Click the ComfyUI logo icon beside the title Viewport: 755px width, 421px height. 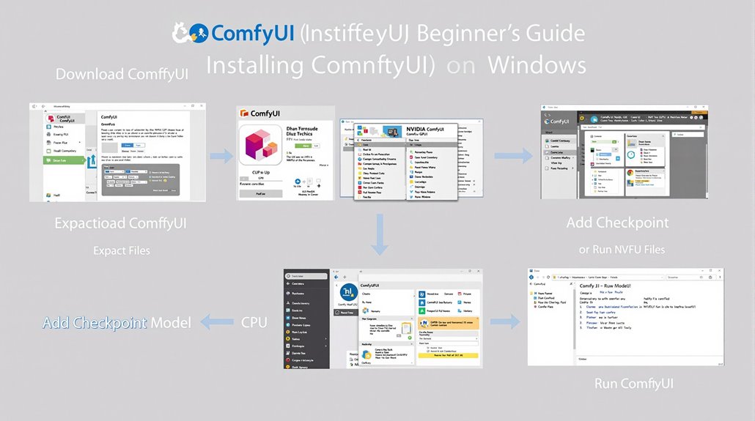click(190, 33)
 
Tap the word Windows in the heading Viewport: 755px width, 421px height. click(537, 64)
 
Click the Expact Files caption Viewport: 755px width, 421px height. click(122, 250)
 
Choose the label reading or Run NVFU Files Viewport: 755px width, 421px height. click(622, 249)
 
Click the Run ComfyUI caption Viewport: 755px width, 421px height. click(634, 384)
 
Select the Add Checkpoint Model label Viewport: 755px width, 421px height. click(117, 322)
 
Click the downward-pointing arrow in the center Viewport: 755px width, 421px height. click(380, 234)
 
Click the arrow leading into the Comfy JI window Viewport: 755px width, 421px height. click(504, 321)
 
